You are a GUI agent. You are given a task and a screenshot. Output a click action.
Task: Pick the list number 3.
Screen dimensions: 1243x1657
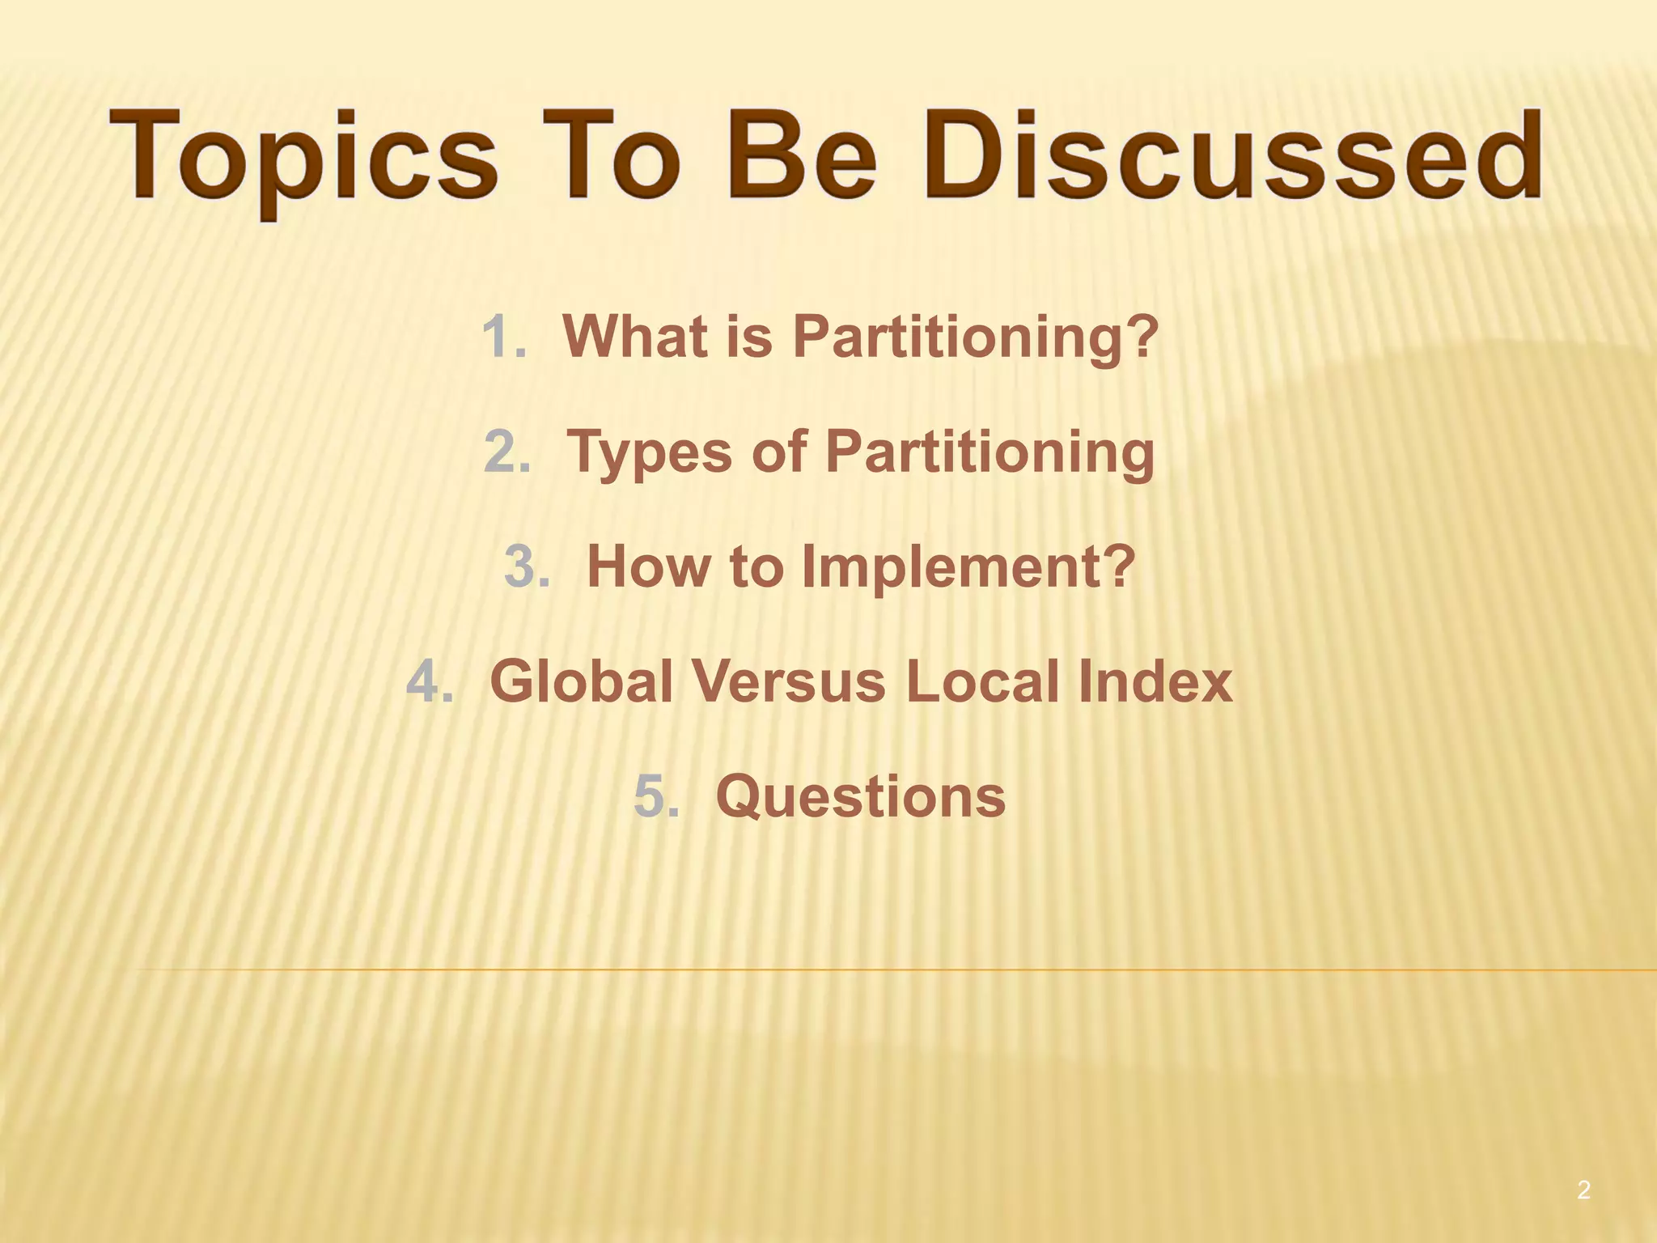(x=527, y=566)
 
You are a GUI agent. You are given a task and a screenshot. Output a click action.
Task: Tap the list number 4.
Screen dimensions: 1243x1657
(x=430, y=681)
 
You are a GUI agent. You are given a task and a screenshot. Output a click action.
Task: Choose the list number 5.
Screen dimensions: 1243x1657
(x=656, y=796)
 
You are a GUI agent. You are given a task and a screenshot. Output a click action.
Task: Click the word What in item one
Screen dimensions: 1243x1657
(x=636, y=337)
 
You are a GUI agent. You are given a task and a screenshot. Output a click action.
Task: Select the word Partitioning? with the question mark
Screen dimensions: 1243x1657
(x=976, y=337)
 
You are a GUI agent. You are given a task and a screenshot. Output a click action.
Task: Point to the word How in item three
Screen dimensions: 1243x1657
(x=648, y=566)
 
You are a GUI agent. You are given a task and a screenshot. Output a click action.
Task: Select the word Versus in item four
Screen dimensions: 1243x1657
(x=789, y=681)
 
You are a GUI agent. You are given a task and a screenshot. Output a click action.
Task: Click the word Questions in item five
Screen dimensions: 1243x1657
(x=860, y=796)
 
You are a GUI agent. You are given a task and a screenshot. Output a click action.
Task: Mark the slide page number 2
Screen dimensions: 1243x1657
(x=1583, y=1190)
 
